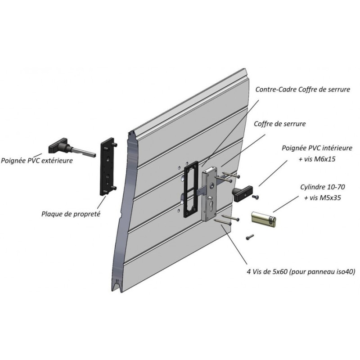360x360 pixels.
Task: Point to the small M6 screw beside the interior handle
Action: pyautogui.click(x=257, y=197)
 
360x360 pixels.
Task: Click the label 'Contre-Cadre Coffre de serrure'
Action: pyautogui.click(x=302, y=90)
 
